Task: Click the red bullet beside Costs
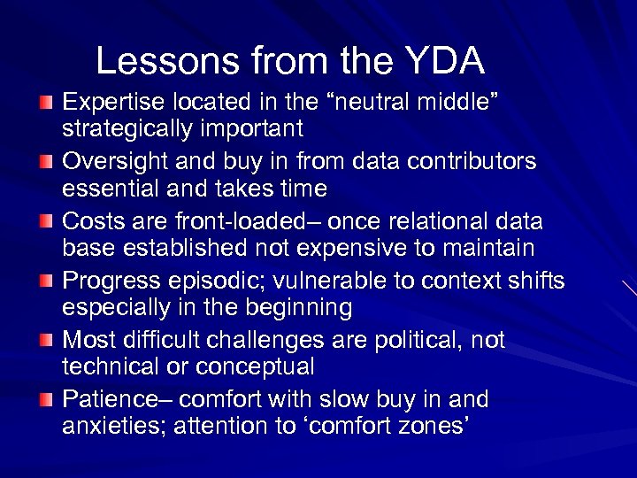(x=46, y=222)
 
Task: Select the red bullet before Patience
(x=46, y=401)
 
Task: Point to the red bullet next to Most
(x=46, y=341)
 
